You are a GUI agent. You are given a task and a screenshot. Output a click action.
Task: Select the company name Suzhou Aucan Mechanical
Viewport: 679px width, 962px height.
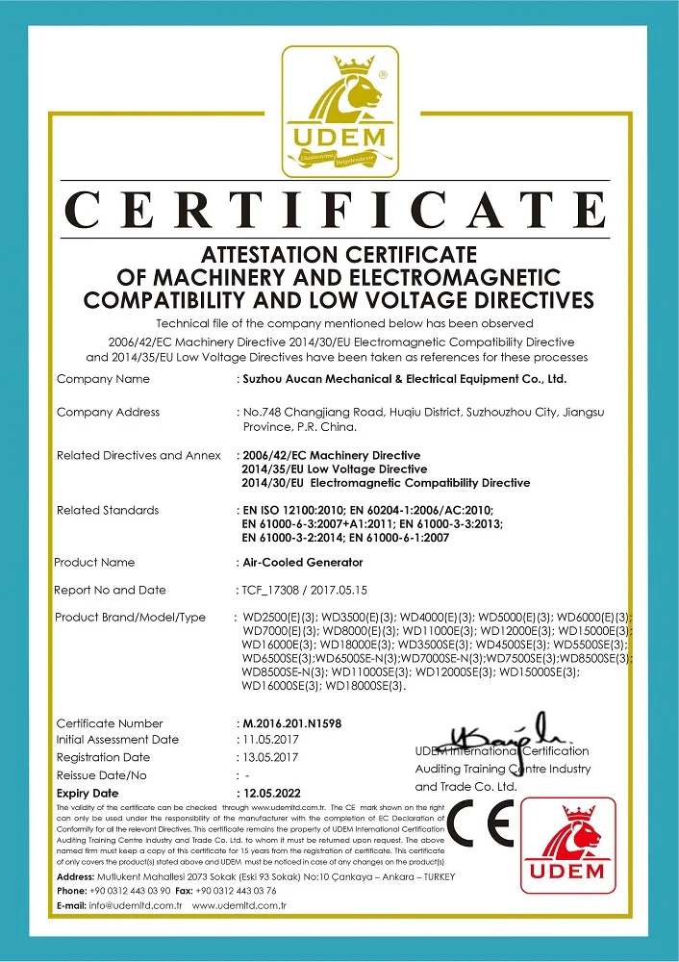[x=409, y=380]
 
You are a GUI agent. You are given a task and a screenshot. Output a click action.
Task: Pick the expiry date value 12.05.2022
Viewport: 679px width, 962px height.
[x=273, y=792]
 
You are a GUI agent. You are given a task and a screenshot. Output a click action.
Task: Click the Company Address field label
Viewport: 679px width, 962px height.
[x=108, y=413]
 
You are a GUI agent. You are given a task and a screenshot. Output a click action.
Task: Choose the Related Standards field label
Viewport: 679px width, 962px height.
[x=108, y=510]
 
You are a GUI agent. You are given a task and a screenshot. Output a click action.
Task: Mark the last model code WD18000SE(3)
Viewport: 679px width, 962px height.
[x=366, y=686]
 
